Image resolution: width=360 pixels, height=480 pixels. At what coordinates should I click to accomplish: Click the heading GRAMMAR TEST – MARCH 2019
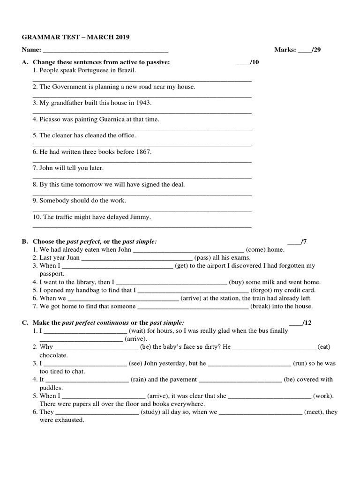[75, 37]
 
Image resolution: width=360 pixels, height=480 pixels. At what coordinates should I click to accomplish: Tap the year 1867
[144, 152]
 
